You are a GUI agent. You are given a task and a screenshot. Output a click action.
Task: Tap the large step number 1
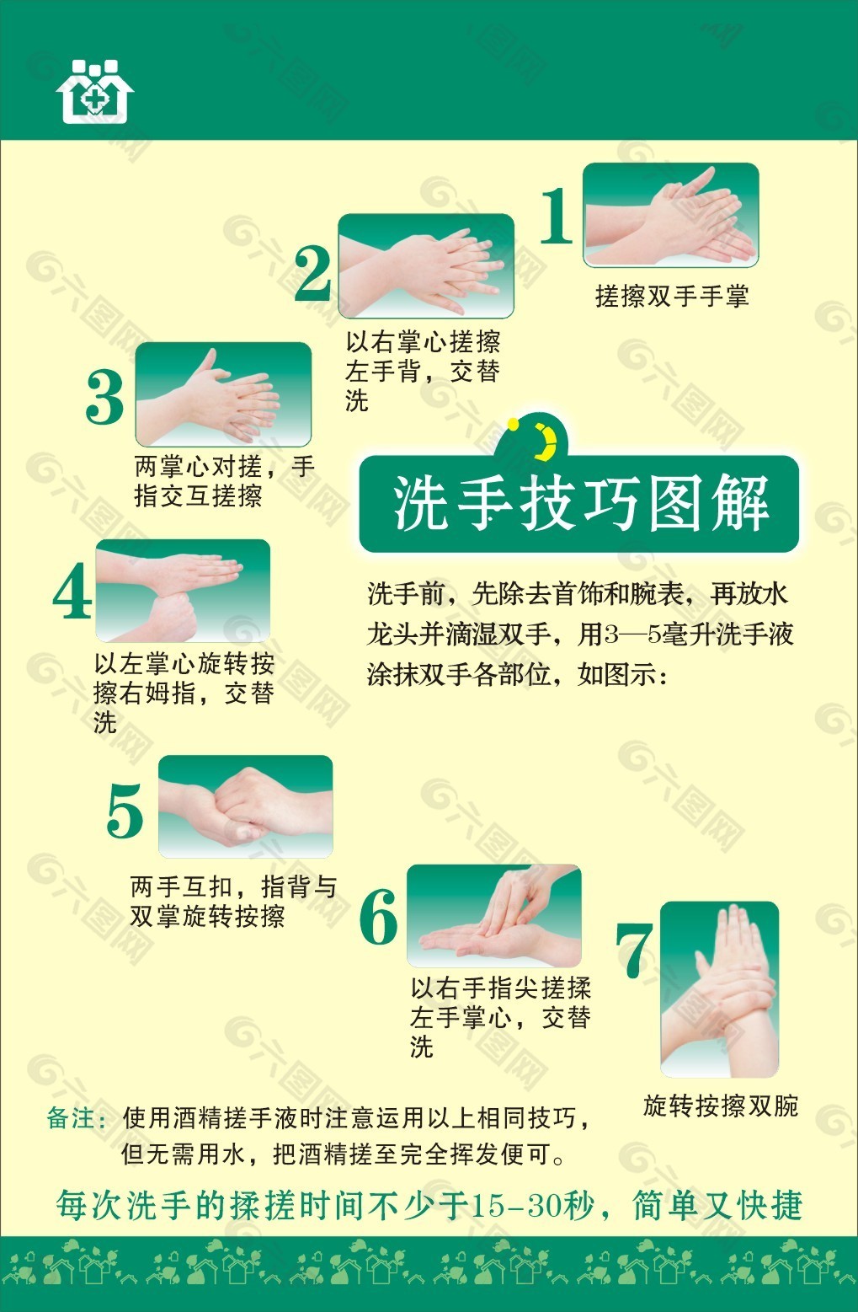tap(557, 216)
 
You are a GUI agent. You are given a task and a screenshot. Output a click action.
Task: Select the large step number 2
tap(312, 274)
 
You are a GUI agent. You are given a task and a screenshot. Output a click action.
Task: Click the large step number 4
tap(72, 591)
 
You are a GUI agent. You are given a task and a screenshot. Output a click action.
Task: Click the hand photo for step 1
tap(671, 215)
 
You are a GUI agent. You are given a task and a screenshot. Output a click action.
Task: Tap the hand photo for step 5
tap(245, 806)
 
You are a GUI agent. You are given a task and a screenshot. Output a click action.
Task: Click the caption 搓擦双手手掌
tap(672, 296)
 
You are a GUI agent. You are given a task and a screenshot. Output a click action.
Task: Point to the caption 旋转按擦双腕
tap(721, 1106)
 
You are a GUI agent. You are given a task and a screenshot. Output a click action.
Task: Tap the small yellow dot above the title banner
tap(513, 424)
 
